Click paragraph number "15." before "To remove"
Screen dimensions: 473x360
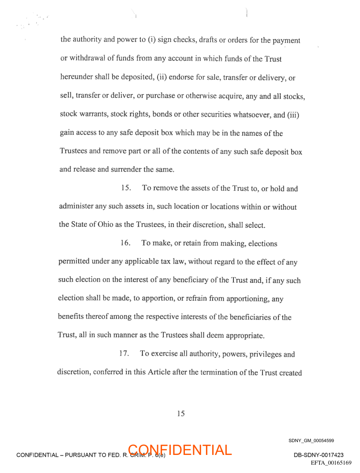pyautogui.click(x=126, y=188)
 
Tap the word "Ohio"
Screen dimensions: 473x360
pyautogui.click(x=103, y=225)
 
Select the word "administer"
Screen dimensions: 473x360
pyautogui.click(x=75, y=207)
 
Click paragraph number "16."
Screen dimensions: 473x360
pyautogui.click(x=125, y=243)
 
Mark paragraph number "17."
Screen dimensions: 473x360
pyautogui.click(x=124, y=354)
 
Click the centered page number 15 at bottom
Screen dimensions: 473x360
pyautogui.click(x=180, y=413)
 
